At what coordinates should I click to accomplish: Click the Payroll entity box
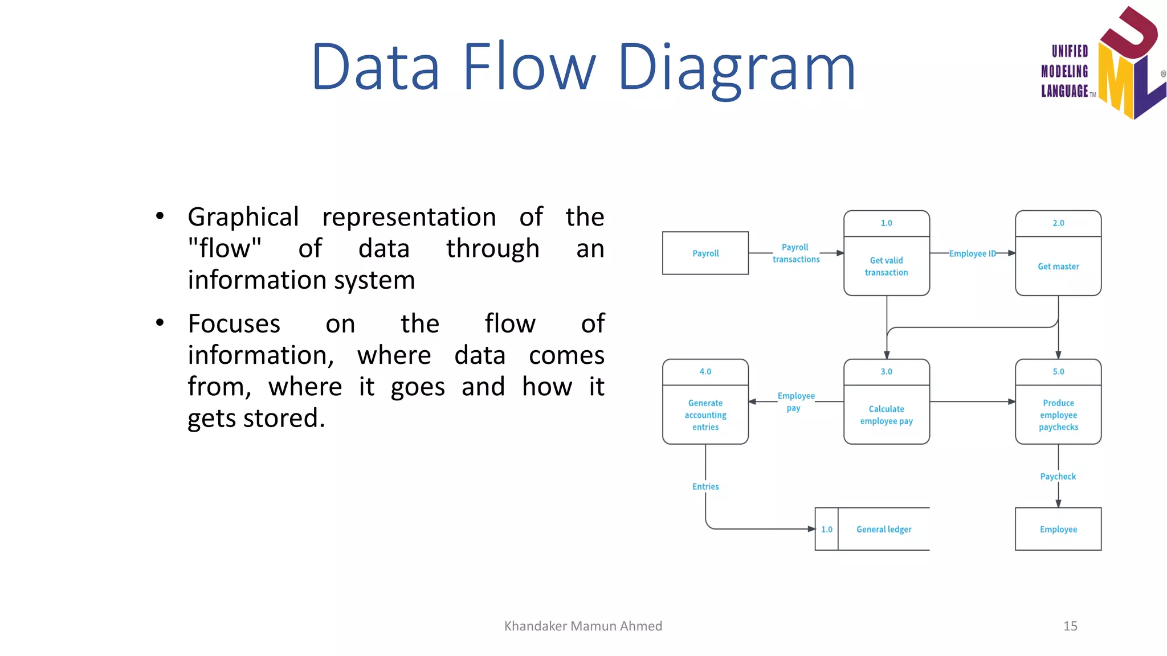(x=705, y=253)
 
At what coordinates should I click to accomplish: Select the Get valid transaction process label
(x=886, y=266)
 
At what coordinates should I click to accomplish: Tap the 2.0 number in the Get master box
(x=1058, y=223)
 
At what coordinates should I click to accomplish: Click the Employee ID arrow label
(x=972, y=253)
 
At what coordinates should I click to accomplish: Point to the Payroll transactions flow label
(x=795, y=253)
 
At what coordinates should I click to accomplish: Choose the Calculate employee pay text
(x=886, y=415)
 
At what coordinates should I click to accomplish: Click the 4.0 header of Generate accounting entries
(x=705, y=371)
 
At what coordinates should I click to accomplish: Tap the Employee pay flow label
(x=795, y=401)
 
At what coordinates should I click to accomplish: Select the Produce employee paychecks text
(x=1058, y=415)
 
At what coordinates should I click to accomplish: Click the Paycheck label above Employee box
(x=1058, y=477)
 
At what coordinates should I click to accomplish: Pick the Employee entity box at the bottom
(x=1058, y=529)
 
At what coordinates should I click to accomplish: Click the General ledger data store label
(x=883, y=529)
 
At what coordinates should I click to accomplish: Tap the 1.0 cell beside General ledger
(x=826, y=529)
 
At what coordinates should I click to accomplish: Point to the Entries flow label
(x=705, y=486)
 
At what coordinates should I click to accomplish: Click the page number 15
(x=1070, y=626)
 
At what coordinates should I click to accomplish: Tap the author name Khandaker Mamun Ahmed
(x=583, y=626)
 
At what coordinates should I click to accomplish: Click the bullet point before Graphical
(x=160, y=216)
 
